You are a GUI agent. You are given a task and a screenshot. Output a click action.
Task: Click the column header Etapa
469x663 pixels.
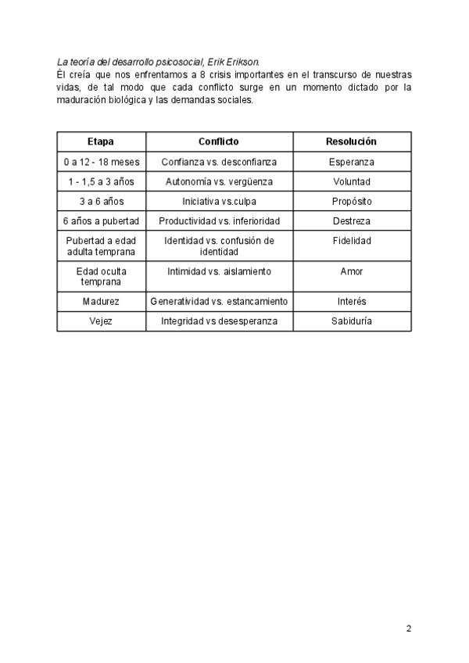tap(101, 142)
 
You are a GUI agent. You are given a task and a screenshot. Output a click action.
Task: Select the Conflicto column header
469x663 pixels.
tap(219, 142)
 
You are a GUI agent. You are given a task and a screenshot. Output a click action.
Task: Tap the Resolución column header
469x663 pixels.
tap(351, 142)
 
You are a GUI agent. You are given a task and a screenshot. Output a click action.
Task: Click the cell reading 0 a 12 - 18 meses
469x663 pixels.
tap(101, 162)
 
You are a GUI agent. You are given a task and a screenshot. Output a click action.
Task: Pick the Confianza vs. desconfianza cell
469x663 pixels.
tap(219, 162)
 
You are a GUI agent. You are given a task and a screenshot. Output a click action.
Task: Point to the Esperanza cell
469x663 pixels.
tap(351, 162)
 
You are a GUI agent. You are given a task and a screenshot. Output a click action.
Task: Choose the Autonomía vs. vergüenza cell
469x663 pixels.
tap(219, 181)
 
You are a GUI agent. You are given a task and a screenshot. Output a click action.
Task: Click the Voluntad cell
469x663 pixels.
tap(351, 181)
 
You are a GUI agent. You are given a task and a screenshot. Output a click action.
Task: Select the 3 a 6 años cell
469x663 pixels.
tap(101, 201)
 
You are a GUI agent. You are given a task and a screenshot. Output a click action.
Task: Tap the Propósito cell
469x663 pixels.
tap(351, 201)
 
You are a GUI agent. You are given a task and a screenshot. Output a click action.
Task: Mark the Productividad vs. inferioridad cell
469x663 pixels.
tap(219, 221)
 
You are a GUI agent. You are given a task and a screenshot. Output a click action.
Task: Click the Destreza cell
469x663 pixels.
tap(351, 221)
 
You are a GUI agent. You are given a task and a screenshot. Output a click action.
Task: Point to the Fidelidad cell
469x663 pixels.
tap(351, 242)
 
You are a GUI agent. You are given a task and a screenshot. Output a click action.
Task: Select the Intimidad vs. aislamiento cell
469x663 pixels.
tap(219, 271)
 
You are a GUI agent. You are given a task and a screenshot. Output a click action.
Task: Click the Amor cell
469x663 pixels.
tap(351, 271)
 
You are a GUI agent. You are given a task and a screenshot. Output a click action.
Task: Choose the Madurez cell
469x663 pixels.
tap(101, 301)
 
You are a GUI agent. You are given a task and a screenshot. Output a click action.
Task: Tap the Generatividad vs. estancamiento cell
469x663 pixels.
tap(219, 301)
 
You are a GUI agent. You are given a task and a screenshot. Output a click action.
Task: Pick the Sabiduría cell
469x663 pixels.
tap(351, 321)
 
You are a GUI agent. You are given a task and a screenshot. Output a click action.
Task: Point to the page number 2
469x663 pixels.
tap(408, 628)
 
